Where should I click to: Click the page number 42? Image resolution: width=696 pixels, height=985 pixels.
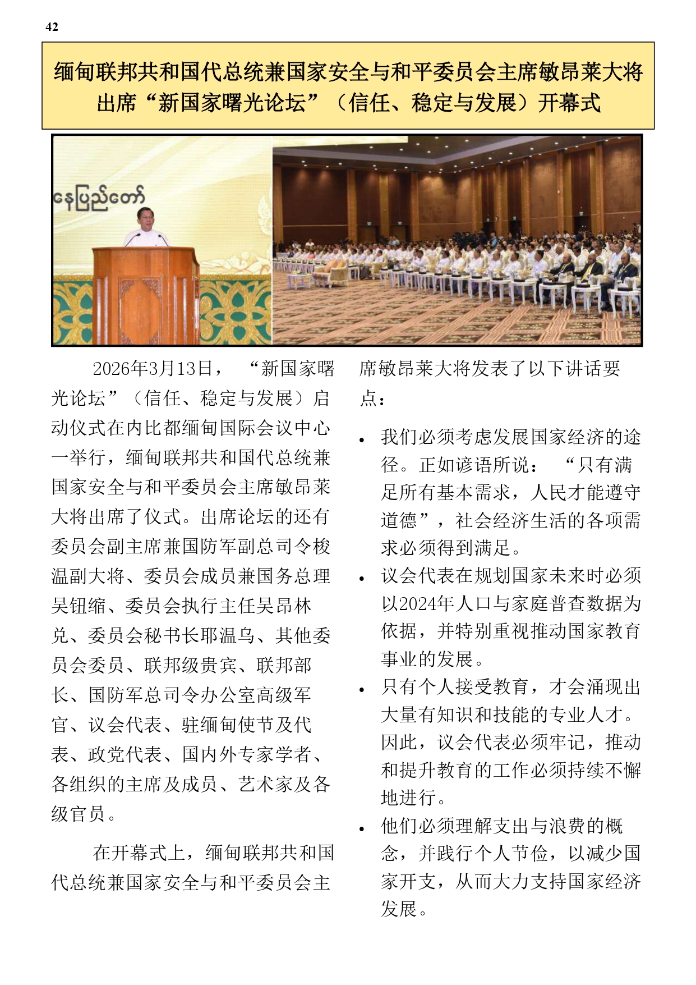[x=52, y=27]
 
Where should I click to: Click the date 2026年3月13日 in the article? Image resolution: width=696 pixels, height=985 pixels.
[x=153, y=369]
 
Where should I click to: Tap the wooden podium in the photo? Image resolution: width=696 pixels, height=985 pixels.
[x=145, y=295]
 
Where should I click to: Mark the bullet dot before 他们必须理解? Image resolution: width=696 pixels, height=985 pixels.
[x=362, y=829]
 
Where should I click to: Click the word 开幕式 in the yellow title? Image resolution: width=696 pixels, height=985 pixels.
[x=569, y=103]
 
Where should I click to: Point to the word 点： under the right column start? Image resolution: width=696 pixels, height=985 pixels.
[x=372, y=398]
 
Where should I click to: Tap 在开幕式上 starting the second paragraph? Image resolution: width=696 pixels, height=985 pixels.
[x=140, y=853]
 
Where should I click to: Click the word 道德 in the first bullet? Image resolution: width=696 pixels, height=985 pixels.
[x=399, y=520]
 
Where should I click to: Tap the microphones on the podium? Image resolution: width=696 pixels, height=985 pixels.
[x=146, y=239]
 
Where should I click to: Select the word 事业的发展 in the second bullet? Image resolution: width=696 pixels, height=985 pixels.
[x=427, y=659]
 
